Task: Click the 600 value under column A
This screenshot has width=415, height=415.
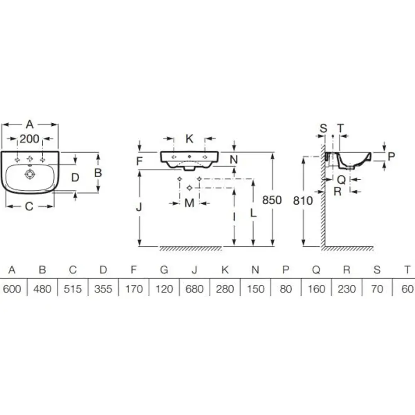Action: click(12, 288)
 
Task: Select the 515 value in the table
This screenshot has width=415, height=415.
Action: click(73, 288)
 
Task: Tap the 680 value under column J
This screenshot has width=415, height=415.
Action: click(194, 288)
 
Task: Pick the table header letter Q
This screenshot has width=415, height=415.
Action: click(316, 270)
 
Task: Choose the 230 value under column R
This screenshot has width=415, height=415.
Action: click(347, 288)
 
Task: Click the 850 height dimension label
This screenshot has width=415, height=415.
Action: click(272, 200)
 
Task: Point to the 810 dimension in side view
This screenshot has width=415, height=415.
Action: click(303, 200)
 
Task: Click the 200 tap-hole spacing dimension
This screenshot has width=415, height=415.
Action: click(29, 139)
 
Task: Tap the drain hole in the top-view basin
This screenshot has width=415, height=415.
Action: click(29, 174)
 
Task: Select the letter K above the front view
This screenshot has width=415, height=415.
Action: click(189, 139)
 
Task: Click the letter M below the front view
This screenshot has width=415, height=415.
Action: click(189, 203)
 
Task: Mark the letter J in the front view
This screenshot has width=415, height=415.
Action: click(140, 206)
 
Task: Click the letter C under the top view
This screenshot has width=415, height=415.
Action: click(29, 206)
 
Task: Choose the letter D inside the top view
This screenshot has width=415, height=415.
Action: click(75, 178)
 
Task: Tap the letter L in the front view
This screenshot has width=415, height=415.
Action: click(253, 213)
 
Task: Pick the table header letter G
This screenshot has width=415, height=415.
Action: click(164, 270)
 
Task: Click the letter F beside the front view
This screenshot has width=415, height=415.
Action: click(140, 161)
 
